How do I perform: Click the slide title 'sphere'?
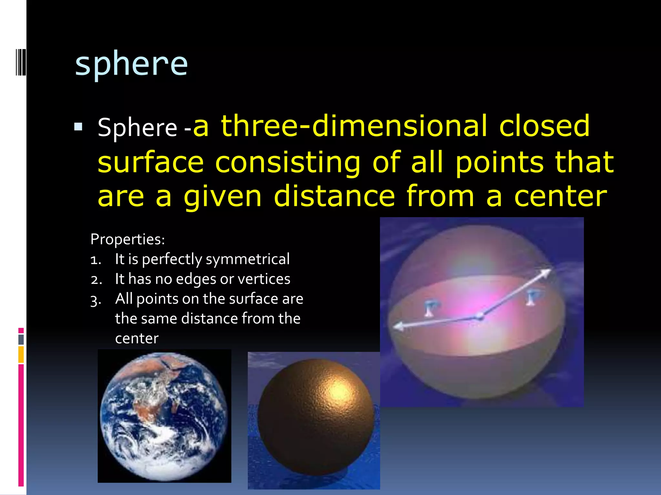coord(131,64)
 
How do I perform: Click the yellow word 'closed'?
coord(544,126)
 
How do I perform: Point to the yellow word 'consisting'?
coord(287,163)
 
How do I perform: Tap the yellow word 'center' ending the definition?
coord(560,197)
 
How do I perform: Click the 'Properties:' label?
coord(127,239)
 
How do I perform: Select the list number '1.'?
coord(96,260)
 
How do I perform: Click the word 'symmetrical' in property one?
coord(248,259)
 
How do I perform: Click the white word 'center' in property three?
coord(137,338)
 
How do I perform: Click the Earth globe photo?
coord(164,416)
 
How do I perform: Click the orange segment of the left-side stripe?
coord(21,354)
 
